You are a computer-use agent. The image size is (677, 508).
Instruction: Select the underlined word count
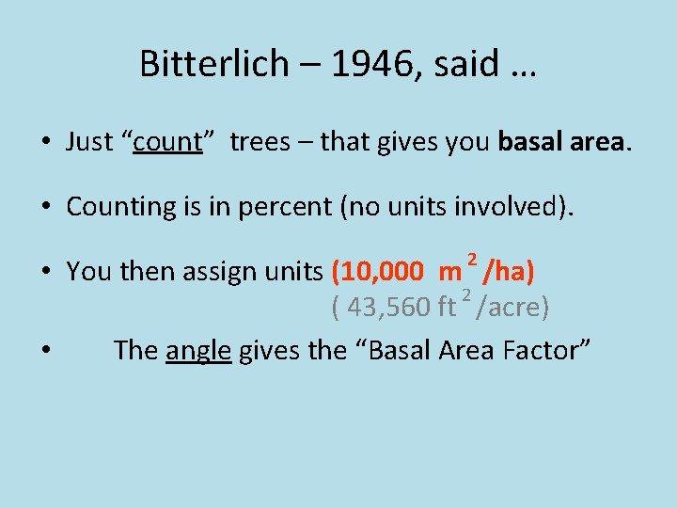[x=168, y=142]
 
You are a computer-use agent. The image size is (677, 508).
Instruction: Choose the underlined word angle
[x=198, y=351]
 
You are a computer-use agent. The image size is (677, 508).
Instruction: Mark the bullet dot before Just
[x=45, y=143]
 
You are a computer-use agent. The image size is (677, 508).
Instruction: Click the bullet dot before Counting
[x=45, y=208]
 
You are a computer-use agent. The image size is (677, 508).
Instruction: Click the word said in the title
[x=477, y=64]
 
